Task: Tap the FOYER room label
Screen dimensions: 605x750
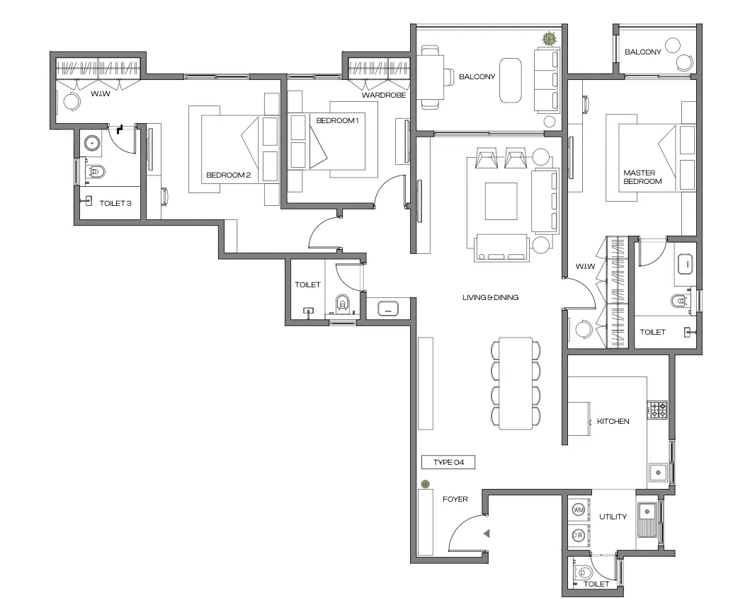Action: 455,499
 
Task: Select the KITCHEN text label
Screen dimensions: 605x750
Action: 613,421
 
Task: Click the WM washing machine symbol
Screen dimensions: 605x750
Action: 578,509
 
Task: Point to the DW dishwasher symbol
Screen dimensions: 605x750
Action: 578,535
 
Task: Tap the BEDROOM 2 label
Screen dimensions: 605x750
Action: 228,175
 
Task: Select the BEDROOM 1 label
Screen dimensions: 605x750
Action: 338,120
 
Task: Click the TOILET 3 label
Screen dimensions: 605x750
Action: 115,203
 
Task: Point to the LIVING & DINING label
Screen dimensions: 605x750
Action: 490,297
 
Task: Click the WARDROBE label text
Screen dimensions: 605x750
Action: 383,94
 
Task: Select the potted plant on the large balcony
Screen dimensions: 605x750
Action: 549,40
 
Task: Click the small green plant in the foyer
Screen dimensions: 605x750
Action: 425,484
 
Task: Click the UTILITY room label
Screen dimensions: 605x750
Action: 613,517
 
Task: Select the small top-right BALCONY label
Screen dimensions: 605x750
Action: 643,52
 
